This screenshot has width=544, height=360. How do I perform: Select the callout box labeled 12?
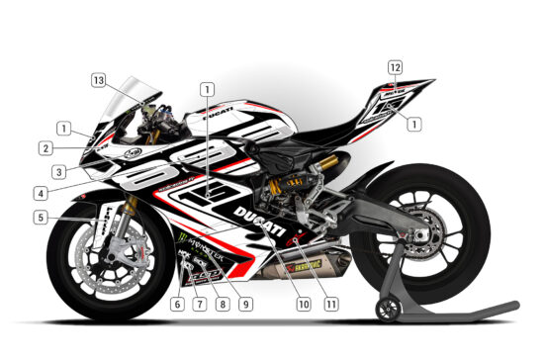click(395, 67)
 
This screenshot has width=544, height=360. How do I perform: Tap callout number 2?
click(46, 148)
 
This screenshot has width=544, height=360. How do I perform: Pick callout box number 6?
click(177, 303)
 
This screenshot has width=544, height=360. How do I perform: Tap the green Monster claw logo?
click(182, 237)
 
